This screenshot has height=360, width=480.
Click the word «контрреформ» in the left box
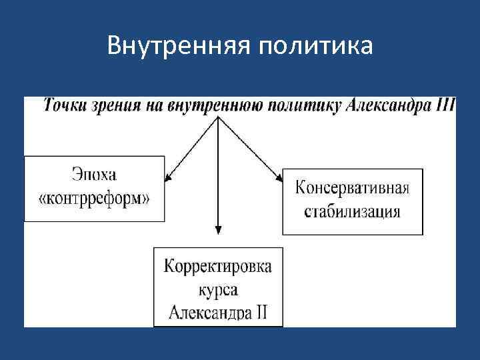[x=94, y=198]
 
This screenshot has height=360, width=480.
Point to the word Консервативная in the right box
[x=351, y=186]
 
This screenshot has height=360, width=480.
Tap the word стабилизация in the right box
[x=352, y=212]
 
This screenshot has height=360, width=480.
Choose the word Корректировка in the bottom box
[x=218, y=267]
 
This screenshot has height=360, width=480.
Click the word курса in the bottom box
[x=218, y=290]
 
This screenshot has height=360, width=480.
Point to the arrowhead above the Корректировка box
[x=218, y=230]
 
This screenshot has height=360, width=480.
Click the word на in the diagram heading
[x=156, y=106]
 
